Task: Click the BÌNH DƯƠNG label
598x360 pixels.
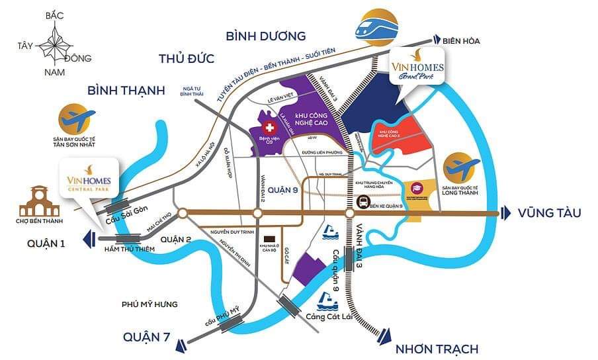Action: point(265,36)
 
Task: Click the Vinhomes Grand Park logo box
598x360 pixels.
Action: point(417,65)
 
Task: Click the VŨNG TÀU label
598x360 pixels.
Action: point(549,212)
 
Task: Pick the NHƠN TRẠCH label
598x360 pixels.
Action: point(436,348)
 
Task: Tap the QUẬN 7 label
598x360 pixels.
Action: point(149,338)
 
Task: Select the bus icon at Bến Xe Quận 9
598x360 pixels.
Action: point(363,201)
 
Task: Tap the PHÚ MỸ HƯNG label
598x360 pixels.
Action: point(150,304)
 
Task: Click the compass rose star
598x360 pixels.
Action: point(56,46)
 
